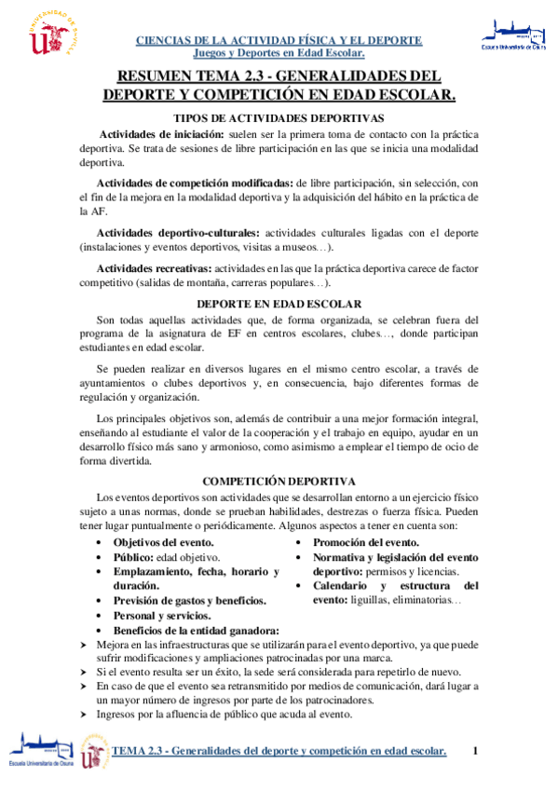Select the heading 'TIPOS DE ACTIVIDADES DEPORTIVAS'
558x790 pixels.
(279, 118)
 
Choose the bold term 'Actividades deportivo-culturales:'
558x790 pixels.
(179, 231)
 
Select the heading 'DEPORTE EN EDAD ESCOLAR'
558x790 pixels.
(279, 304)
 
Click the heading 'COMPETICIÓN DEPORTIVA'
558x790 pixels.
(279, 481)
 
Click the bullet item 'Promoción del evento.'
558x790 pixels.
(366, 542)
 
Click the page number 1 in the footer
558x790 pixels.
(475, 751)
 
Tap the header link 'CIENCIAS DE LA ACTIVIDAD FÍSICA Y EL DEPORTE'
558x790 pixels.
(279, 41)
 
